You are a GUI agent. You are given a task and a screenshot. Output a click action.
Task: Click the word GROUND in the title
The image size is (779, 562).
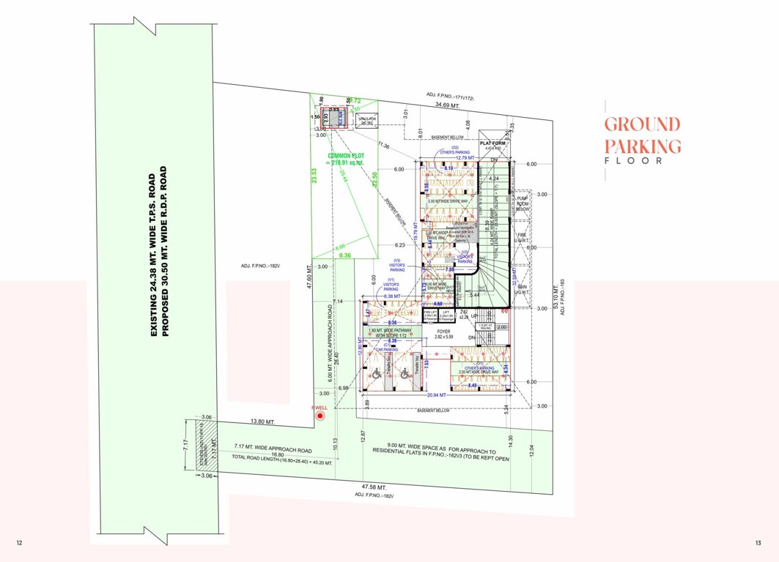[642, 124]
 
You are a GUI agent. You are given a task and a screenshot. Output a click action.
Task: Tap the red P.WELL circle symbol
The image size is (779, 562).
[320, 417]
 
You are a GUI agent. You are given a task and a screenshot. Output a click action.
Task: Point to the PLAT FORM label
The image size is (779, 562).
[493, 143]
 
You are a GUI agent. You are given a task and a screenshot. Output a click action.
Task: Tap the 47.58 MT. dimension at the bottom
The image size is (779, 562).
[374, 487]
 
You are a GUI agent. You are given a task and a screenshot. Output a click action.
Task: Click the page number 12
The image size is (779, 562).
[19, 542]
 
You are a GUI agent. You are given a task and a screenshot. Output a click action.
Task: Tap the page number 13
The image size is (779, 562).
[759, 542]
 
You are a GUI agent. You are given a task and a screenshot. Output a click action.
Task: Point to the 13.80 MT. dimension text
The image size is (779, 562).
[262, 422]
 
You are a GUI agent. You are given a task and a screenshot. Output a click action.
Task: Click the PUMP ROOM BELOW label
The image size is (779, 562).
[523, 203]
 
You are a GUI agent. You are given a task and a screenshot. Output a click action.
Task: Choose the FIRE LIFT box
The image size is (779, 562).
[430, 314]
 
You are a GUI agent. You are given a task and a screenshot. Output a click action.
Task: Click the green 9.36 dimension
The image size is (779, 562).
[345, 255]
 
